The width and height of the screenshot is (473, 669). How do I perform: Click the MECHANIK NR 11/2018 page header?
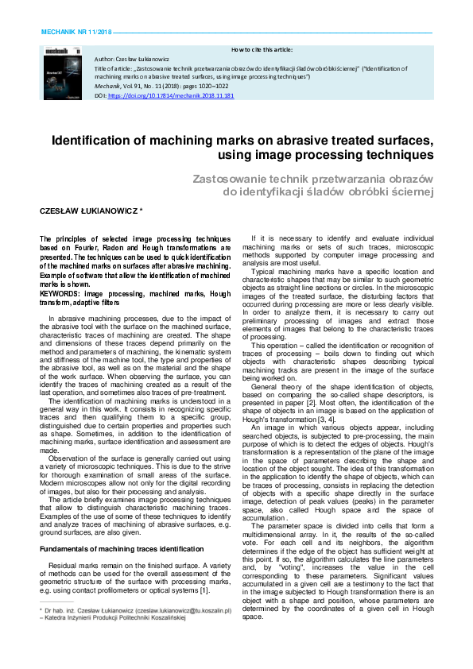pos(76,32)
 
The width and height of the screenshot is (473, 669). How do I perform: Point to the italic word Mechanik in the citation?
pos(107,86)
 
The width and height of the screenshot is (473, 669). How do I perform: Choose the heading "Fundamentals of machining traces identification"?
pos(122,527)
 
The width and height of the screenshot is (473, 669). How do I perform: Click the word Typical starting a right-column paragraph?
pos(264,272)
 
